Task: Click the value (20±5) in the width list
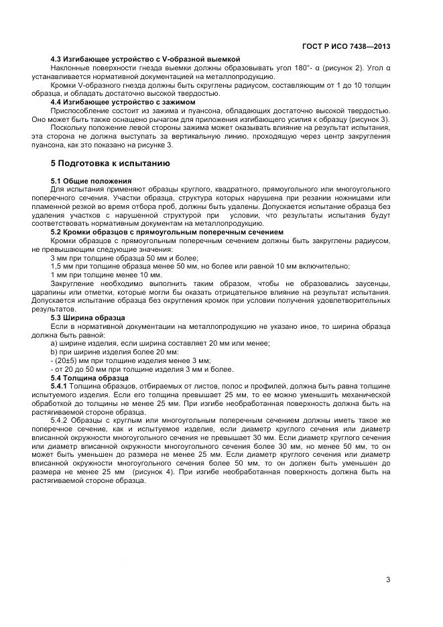pos(68,360)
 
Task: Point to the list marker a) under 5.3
pos(54,343)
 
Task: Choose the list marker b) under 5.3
pos(54,352)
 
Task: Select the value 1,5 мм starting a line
pos(62,266)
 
